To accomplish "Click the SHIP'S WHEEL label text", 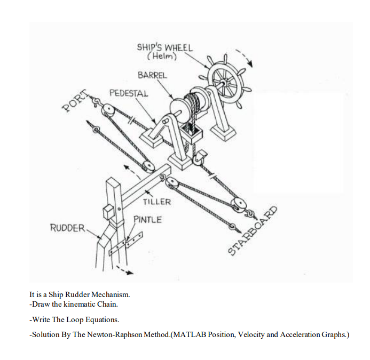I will click(164, 47).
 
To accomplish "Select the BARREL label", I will click(152, 75).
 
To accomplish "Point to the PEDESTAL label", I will click(129, 93).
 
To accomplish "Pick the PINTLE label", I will click(147, 219).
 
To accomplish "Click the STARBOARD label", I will click(253, 230).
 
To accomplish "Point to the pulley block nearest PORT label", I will click(109, 111).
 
